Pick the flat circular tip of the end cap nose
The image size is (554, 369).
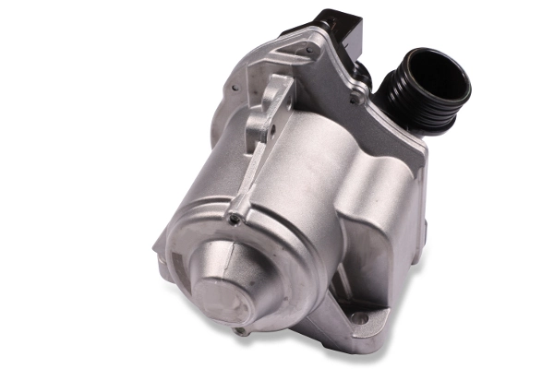pyautogui.click(x=214, y=300)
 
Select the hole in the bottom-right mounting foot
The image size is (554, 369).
pyautogui.click(x=360, y=318)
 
